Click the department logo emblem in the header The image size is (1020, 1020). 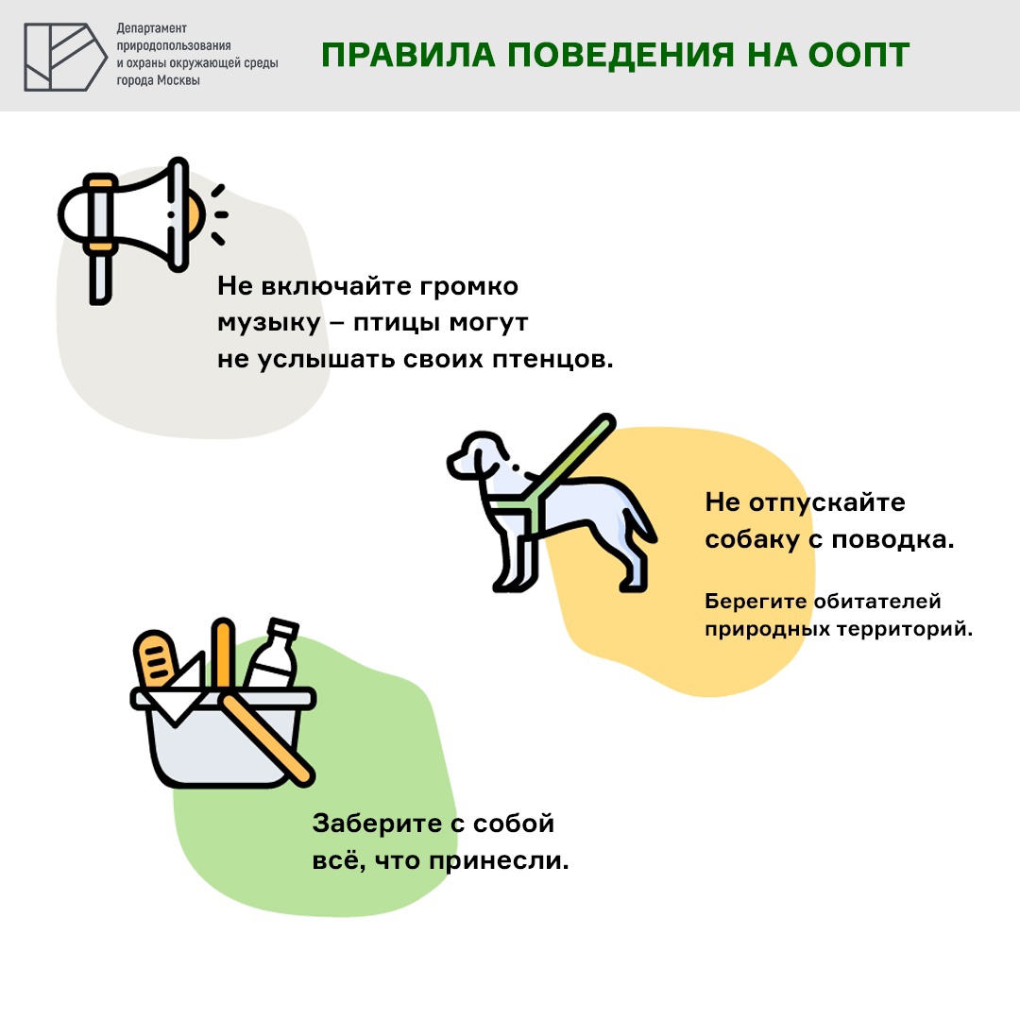tap(65, 57)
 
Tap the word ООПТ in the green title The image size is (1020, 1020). tap(858, 55)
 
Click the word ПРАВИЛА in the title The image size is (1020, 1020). tap(408, 55)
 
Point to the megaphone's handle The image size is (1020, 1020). tap(100, 279)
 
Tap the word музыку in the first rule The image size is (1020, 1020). tap(268, 323)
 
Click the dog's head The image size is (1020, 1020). tap(478, 454)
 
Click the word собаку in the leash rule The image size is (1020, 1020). tap(752, 540)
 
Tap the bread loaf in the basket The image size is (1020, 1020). tap(156, 659)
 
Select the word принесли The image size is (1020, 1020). tap(499, 861)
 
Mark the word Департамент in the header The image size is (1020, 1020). tap(151, 28)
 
